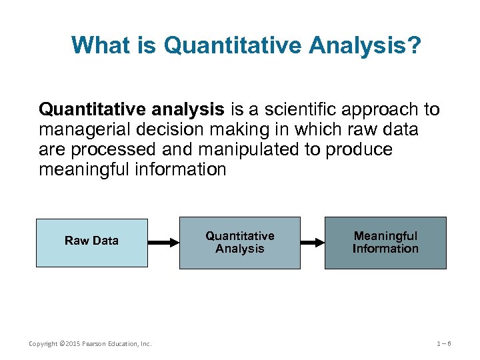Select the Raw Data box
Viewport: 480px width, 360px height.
(91, 242)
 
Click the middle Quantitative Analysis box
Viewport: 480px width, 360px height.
(240, 242)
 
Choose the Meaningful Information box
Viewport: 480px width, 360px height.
(385, 242)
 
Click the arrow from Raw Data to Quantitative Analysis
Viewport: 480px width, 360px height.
(163, 243)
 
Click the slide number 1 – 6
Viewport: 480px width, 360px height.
(444, 344)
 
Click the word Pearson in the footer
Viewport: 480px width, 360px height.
(96, 344)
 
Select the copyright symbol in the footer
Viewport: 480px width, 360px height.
(62, 344)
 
